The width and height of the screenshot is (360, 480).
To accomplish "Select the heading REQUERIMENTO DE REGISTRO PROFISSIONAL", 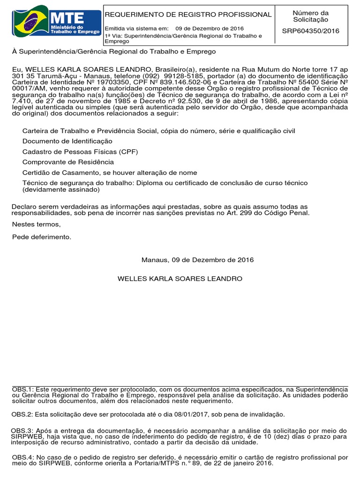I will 188,15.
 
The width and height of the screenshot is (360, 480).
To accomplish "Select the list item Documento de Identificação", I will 67,141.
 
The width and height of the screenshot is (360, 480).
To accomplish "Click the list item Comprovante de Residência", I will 68,162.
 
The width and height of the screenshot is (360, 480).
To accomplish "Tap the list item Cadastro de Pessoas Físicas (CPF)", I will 80,151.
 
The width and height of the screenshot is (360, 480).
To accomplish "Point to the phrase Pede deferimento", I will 42,237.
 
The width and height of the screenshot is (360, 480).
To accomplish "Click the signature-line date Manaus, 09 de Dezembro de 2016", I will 197,260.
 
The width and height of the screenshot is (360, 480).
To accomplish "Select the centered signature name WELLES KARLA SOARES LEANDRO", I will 180,279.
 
